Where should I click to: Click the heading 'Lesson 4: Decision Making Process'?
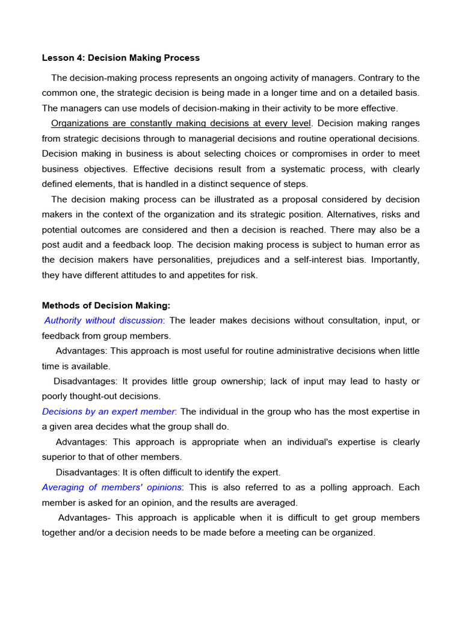click(120, 58)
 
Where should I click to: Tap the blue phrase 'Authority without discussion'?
click(103, 321)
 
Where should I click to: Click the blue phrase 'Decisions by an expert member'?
click(108, 412)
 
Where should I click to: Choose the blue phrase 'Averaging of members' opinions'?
click(111, 487)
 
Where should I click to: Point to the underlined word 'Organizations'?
click(81, 124)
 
